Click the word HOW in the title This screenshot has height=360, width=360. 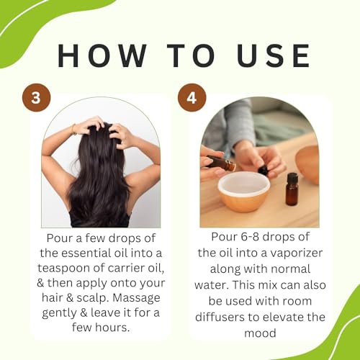pos(94,55)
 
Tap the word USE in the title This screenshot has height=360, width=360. pos(267,55)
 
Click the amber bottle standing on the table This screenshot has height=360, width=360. pos(292,190)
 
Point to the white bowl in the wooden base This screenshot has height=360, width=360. pos(243,189)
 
